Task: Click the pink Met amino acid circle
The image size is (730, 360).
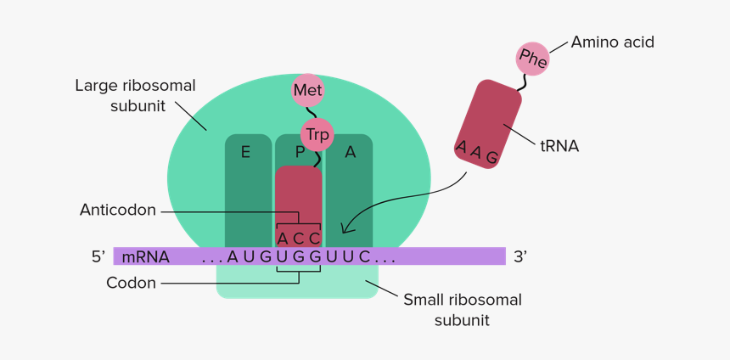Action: click(x=307, y=90)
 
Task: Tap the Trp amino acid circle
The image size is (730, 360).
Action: click(x=317, y=133)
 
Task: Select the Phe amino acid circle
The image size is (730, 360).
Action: click(x=533, y=59)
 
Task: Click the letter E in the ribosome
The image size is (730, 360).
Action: click(x=245, y=152)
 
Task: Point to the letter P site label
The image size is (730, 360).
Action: click(x=299, y=152)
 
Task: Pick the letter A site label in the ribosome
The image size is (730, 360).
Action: click(x=350, y=152)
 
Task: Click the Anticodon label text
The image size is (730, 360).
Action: click(x=118, y=210)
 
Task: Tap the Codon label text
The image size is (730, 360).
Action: click(x=131, y=283)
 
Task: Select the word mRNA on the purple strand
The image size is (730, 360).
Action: click(x=145, y=256)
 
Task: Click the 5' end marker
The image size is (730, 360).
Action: click(x=98, y=256)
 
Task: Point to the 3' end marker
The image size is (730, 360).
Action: click(x=520, y=256)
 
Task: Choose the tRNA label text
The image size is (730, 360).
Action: click(x=559, y=146)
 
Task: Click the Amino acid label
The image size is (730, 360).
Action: click(x=612, y=42)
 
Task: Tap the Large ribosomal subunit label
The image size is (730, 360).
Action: click(x=135, y=95)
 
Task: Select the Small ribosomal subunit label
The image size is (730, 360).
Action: click(x=462, y=310)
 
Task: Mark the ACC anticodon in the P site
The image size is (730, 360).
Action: click(x=299, y=237)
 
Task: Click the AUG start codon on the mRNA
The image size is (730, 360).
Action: click(x=250, y=256)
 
